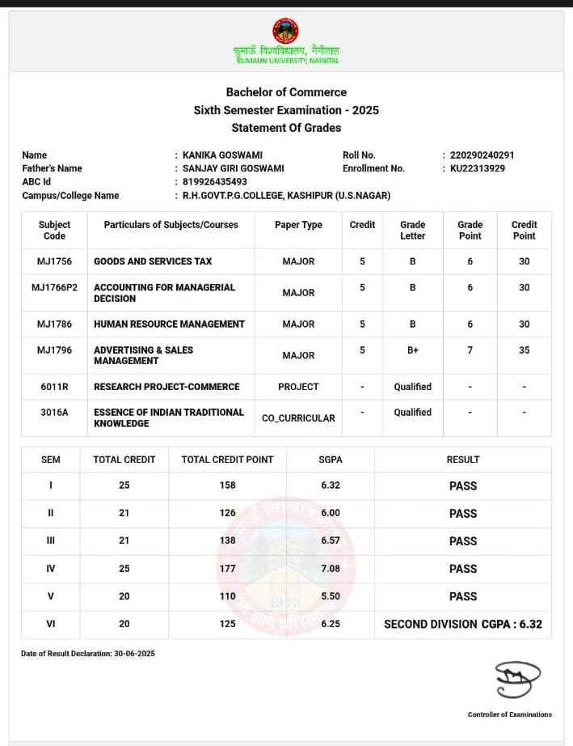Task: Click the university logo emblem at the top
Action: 285,32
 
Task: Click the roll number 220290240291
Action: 482,155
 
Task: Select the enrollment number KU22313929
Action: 478,168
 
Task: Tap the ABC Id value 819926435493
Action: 215,182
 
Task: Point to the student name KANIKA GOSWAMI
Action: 222,155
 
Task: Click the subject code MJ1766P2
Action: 55,287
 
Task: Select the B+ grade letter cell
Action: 412,350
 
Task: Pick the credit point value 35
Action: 525,350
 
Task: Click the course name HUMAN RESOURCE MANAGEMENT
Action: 169,324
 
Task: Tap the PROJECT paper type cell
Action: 298,387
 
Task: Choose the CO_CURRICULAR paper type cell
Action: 298,418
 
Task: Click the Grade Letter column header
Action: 412,230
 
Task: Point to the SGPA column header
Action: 331,460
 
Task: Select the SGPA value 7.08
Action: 331,569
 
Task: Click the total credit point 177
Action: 227,569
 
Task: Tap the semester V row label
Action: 51,596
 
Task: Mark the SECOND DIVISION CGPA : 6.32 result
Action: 462,624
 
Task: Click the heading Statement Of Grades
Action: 286,128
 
